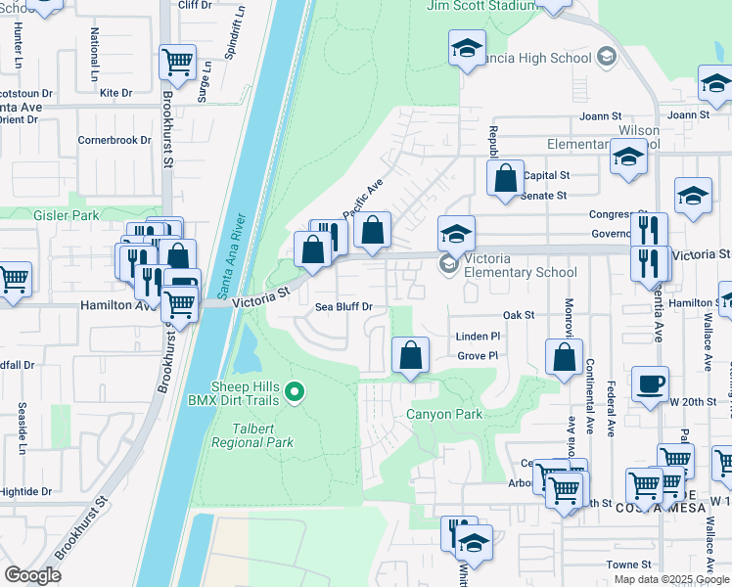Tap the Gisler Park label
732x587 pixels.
(x=38, y=214)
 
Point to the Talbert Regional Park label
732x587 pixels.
(x=252, y=435)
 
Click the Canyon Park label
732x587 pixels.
(x=445, y=414)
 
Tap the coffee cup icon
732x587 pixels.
(x=649, y=383)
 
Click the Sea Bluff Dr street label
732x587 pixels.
(x=343, y=307)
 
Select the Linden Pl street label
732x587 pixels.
(x=478, y=337)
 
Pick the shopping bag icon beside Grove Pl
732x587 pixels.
(x=411, y=355)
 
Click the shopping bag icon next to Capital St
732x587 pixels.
(x=505, y=178)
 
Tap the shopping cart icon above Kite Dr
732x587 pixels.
(x=177, y=63)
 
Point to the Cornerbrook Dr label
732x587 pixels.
(x=114, y=140)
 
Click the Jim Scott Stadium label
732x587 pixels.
(x=481, y=6)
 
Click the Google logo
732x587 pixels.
(x=32, y=575)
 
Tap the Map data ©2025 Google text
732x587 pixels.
(x=670, y=579)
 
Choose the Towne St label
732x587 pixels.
(x=627, y=564)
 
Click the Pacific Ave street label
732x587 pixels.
(x=361, y=200)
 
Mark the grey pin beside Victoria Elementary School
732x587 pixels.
(x=449, y=263)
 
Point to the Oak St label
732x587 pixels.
(x=519, y=315)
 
